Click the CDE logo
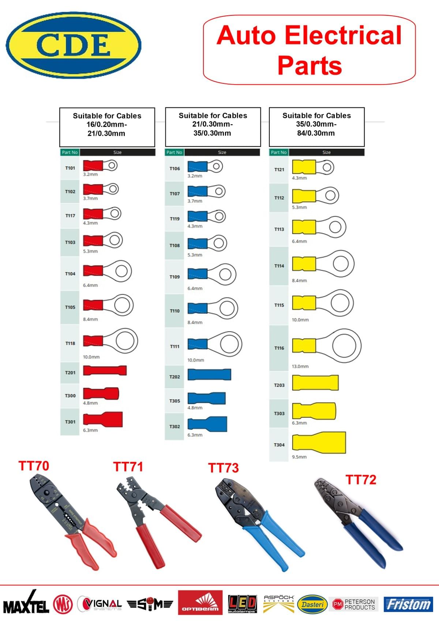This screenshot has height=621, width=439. (x=73, y=45)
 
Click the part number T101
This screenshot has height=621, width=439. (x=70, y=168)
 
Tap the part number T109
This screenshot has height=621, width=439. (x=175, y=277)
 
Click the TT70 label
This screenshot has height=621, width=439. (x=34, y=466)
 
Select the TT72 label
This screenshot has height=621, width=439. (x=361, y=479)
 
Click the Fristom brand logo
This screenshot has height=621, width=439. (x=408, y=604)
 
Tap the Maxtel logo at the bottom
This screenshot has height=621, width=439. (x=26, y=604)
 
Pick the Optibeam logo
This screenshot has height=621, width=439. (x=200, y=603)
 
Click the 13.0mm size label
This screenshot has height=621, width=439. (x=300, y=366)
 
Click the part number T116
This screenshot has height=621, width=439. (x=279, y=348)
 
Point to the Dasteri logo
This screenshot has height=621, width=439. (x=312, y=604)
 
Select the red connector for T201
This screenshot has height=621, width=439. (x=105, y=370)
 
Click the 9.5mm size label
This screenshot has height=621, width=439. (x=299, y=457)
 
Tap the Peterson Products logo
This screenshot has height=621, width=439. (x=354, y=604)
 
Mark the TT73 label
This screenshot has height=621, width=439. (x=223, y=468)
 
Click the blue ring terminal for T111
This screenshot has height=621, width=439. (x=215, y=344)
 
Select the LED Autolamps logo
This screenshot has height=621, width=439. (x=242, y=604)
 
